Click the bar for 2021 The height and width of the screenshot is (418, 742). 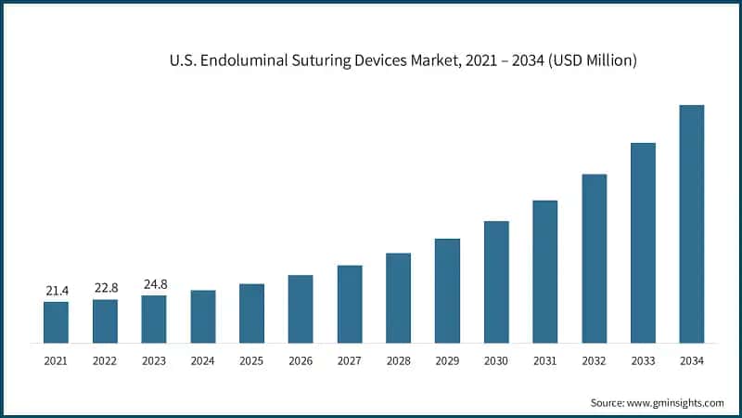(x=56, y=321)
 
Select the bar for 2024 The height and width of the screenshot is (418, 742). (x=202, y=316)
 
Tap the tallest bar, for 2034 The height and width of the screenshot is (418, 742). (x=691, y=223)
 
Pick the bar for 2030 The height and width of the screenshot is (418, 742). (x=496, y=281)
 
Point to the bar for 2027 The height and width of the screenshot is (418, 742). (x=350, y=304)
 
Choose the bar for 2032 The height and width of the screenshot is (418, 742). (x=594, y=258)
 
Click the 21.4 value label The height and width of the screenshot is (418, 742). (x=57, y=291)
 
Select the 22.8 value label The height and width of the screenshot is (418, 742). (x=105, y=288)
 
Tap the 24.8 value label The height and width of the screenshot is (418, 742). (x=154, y=284)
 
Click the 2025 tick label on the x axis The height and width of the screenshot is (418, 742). (x=251, y=360)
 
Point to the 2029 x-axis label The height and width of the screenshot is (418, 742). (x=447, y=360)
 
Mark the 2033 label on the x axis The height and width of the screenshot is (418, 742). (x=643, y=360)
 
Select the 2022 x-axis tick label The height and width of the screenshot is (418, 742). (x=105, y=360)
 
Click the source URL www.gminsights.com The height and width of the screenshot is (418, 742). (x=677, y=402)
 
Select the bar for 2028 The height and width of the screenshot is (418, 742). (x=398, y=297)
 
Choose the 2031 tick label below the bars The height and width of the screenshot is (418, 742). (x=544, y=360)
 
